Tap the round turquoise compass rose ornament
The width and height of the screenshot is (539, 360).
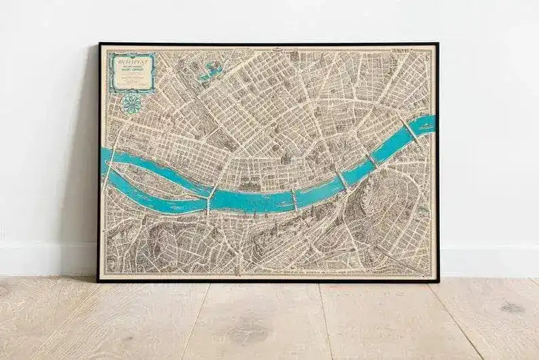(x=131, y=103)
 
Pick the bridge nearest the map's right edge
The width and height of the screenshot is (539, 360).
(x=411, y=131)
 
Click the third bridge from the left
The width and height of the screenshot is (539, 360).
(x=295, y=199)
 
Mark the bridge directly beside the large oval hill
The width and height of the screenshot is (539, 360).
(x=343, y=181)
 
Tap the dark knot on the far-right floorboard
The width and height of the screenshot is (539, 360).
(x=511, y=307)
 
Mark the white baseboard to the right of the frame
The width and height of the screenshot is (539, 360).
(x=489, y=262)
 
